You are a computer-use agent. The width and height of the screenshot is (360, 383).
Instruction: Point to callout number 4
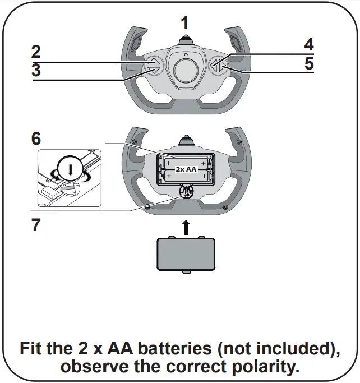click(308, 44)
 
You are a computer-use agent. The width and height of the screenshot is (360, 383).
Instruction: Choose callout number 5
click(308, 63)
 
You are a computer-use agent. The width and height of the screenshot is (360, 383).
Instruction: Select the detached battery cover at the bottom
click(184, 254)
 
